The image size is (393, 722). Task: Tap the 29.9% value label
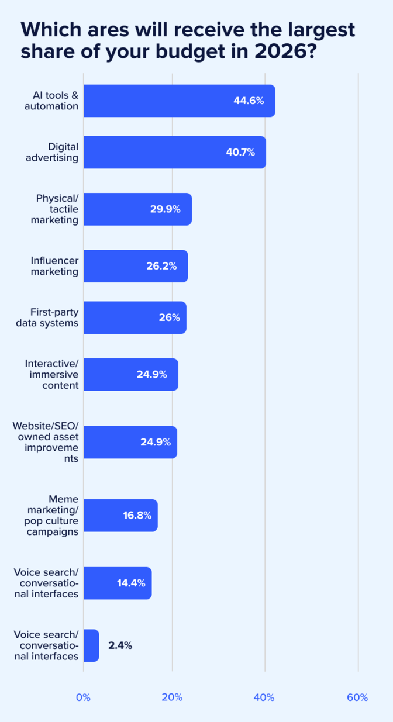(x=165, y=209)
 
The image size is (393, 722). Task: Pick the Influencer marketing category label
(x=54, y=266)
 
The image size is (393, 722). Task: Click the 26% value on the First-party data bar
(x=168, y=317)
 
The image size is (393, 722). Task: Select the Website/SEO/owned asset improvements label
(x=46, y=443)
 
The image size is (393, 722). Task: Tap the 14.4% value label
(x=131, y=583)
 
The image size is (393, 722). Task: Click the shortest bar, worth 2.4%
(x=91, y=645)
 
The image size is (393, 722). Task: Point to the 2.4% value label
(x=120, y=645)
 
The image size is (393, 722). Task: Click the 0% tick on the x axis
(x=84, y=697)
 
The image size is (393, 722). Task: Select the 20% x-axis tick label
(x=173, y=697)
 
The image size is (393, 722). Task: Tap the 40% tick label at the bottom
(x=264, y=697)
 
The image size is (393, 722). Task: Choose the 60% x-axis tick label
(x=357, y=697)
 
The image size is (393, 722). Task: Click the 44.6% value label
(x=249, y=101)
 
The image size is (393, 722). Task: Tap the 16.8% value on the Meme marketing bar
(x=137, y=515)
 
